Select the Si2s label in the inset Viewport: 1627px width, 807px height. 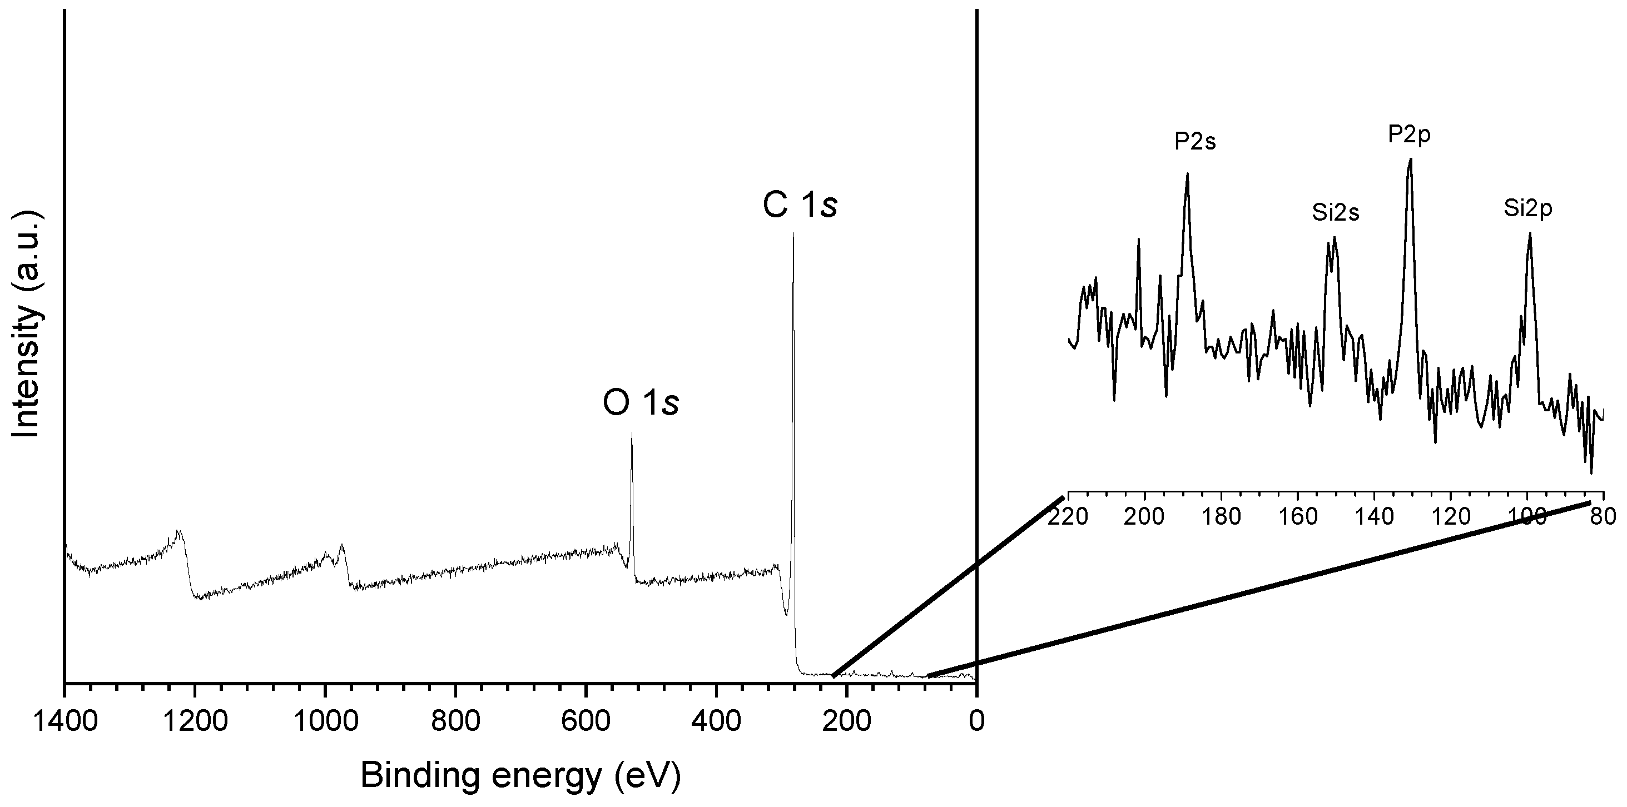[1335, 213]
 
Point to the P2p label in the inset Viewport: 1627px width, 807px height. [1409, 134]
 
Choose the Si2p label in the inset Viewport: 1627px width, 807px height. [1527, 208]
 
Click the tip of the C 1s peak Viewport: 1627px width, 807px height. [793, 235]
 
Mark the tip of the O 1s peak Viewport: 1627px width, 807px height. [632, 433]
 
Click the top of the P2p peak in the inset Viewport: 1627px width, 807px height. [1410, 159]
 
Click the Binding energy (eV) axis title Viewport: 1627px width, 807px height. [520, 775]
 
